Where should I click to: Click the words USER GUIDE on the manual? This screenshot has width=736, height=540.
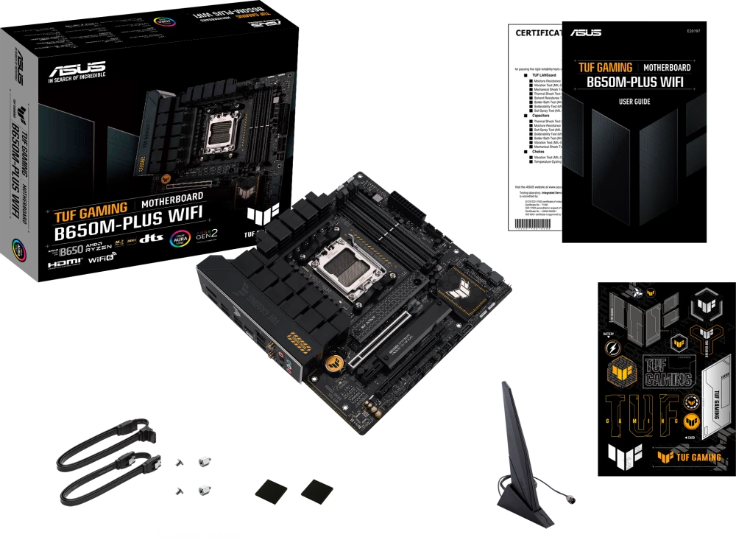pos(634,102)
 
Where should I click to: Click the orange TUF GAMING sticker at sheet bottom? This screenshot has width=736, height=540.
pos(689,457)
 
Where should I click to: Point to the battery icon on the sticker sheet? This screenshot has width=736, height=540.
pos(609,346)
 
